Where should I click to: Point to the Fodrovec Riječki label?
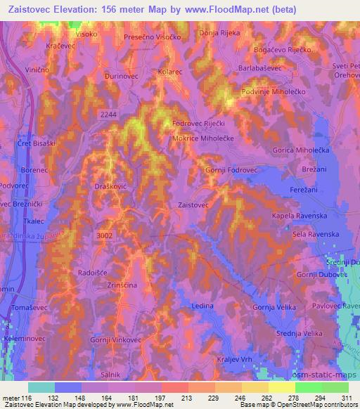(202, 124)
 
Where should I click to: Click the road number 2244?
(109, 116)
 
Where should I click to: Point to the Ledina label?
(202, 306)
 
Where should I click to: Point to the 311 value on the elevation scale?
(345, 398)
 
